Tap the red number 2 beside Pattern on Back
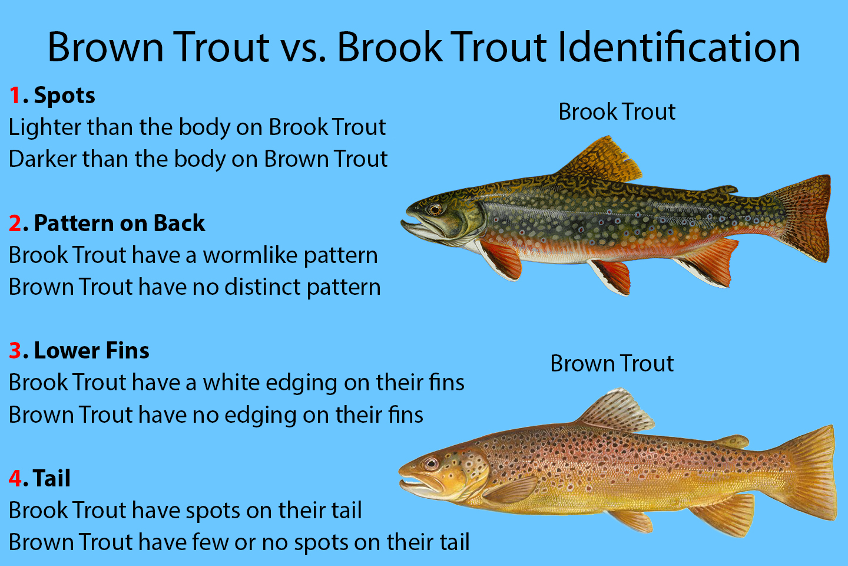pos(15,223)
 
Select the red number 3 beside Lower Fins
pos(15,350)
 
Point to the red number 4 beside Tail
pos(15,478)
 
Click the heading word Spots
pos(64,96)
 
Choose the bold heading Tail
pos(51,478)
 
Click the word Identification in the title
pos(679,47)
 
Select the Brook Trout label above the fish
pos(617,112)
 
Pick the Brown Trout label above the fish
pos(612,364)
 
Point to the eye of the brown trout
pos(430,463)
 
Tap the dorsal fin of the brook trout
pos(602,161)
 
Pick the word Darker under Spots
pos(42,159)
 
